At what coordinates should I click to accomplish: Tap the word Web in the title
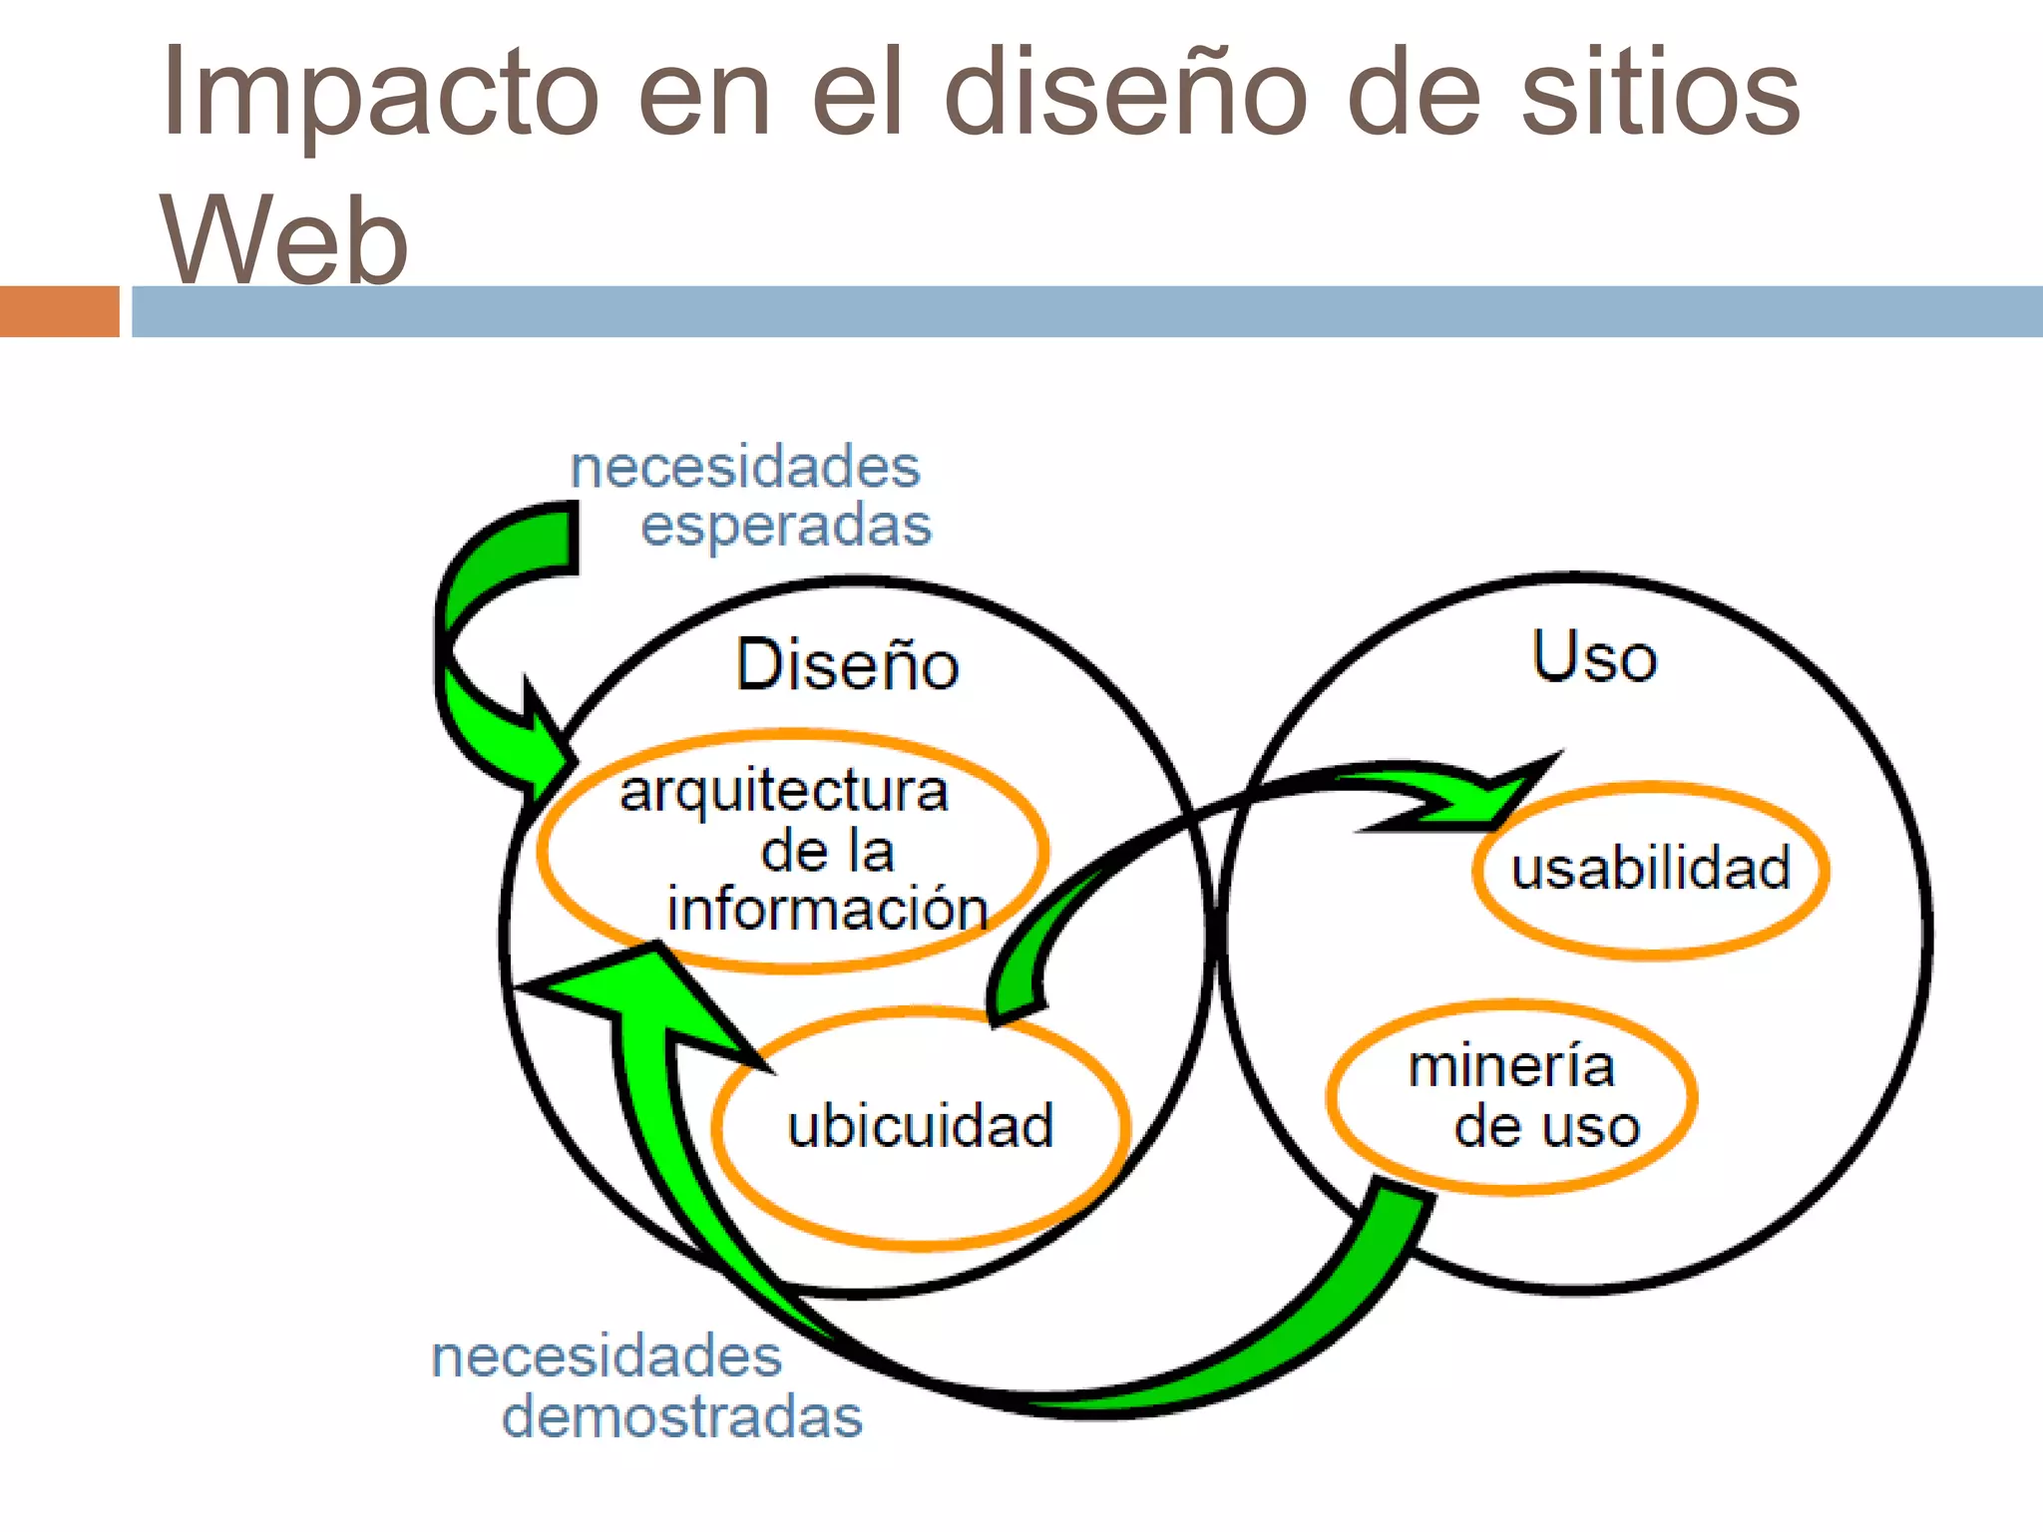click(284, 239)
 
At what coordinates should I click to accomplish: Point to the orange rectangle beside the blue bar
click(59, 311)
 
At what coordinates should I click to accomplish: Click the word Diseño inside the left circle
click(847, 664)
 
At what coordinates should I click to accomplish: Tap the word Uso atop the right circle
click(1594, 657)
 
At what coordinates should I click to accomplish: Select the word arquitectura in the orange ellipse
click(783, 792)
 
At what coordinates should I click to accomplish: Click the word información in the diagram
click(827, 909)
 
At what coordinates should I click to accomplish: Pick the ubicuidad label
click(920, 1126)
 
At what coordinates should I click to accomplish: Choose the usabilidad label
click(1651, 868)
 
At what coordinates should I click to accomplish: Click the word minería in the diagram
click(1511, 1066)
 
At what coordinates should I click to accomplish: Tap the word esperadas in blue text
click(786, 526)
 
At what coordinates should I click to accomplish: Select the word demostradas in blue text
click(682, 1416)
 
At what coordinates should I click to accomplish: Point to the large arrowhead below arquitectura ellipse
click(638, 997)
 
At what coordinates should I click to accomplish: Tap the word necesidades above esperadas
click(744, 468)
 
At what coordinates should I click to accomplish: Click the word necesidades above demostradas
click(607, 1356)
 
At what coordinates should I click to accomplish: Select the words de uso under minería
click(1546, 1127)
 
